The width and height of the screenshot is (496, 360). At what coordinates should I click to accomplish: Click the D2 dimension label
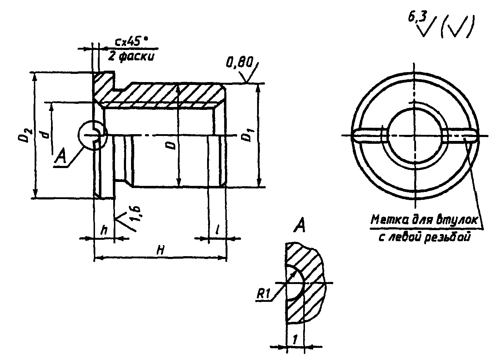[x=25, y=135]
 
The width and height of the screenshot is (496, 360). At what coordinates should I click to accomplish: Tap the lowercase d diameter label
[x=44, y=135]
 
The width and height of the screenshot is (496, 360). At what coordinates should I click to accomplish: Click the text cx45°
[x=131, y=42]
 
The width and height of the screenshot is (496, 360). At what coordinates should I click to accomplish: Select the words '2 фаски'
[x=131, y=56]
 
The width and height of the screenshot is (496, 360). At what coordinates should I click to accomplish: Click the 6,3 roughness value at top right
[x=417, y=18]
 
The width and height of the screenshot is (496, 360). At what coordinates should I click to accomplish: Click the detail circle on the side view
[x=92, y=135]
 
